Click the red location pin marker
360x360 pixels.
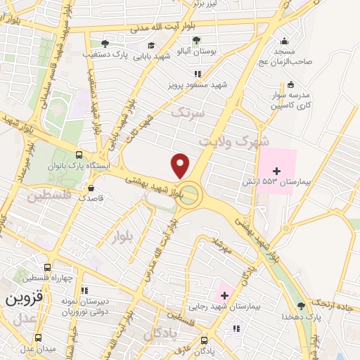181,166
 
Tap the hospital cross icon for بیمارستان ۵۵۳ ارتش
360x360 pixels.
276,171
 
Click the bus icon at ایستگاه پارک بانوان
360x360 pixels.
79,155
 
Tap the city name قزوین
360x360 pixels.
20,298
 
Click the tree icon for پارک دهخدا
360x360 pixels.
302,305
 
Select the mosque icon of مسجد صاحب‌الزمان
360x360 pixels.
284,41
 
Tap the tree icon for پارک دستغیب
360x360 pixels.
105,43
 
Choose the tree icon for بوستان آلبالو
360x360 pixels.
196,40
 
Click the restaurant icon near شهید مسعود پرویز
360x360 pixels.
198,73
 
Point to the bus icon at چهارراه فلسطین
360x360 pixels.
47,267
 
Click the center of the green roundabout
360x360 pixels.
190,196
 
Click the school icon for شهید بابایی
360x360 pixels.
151,46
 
